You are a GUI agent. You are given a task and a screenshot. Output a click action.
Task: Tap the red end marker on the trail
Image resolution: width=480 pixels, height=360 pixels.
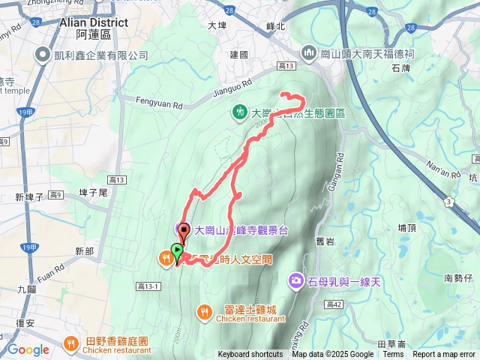click(x=184, y=231)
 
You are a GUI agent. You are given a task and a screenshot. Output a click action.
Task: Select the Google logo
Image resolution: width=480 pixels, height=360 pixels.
click(x=28, y=349)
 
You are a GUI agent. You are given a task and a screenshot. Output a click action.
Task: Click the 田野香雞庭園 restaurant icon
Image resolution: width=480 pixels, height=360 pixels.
click(x=71, y=343)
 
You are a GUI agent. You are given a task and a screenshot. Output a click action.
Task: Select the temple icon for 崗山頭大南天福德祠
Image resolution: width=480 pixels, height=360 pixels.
click(x=309, y=52)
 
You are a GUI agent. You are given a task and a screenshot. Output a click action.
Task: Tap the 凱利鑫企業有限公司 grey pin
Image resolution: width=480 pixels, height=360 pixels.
click(x=42, y=55)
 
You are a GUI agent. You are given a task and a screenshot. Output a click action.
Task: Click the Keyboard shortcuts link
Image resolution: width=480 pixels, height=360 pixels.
click(x=250, y=355)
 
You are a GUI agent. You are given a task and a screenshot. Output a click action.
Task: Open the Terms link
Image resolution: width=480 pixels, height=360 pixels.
click(x=393, y=355)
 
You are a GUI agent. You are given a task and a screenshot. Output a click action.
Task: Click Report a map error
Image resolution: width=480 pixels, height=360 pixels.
click(x=444, y=355)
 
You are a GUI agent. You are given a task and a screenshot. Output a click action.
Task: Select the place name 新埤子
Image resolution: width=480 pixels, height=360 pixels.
click(x=30, y=197)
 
